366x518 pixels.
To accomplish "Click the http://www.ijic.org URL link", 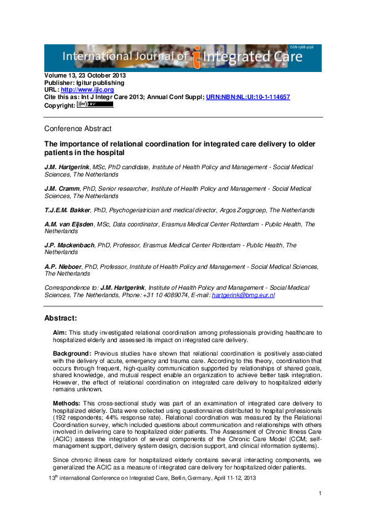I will point(87,90).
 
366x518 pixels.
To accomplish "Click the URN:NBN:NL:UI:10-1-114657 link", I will point(248,97).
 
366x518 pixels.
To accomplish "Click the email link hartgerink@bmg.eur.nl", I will point(243,295).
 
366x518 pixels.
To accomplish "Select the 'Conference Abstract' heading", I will point(78,129).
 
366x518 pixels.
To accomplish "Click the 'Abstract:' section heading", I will point(60,318).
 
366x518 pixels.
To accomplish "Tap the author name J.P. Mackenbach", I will point(69,245).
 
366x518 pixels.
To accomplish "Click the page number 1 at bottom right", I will point(320,494).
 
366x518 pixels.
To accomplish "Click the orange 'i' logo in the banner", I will point(197,59).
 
